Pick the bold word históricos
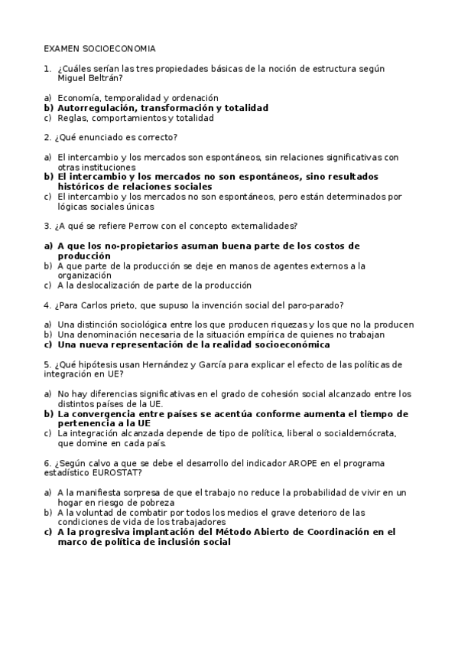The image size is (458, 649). (x=82, y=187)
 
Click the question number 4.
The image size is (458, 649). (x=47, y=305)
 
